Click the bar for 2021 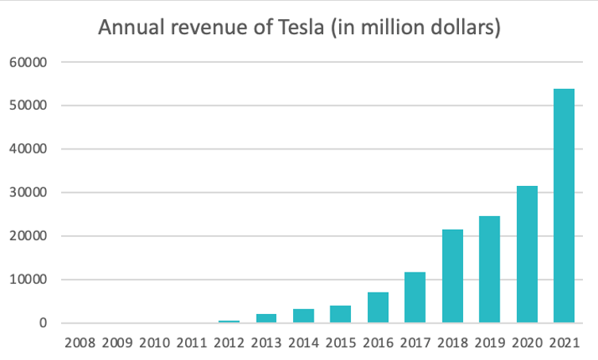coord(563,206)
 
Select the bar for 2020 coord(527,254)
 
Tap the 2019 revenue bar coord(489,269)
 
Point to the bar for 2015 coord(341,314)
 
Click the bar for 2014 coord(303,315)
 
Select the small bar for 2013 coord(266,318)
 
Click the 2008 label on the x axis coord(80,343)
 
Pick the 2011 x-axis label coord(191,343)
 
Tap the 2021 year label coord(563,343)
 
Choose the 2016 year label coord(378,343)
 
